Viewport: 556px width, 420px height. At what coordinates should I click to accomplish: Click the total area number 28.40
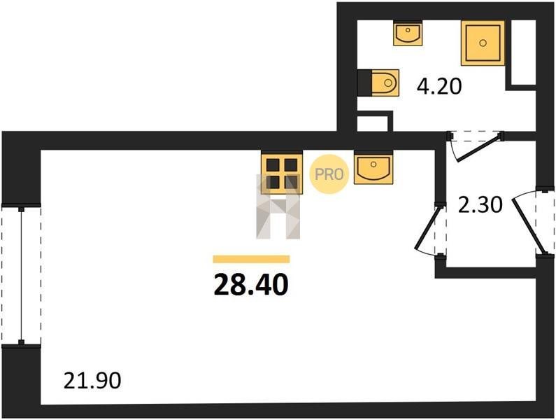(250, 285)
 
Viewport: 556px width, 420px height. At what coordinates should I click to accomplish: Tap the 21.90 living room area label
(92, 381)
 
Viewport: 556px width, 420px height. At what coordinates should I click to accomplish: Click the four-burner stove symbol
(281, 172)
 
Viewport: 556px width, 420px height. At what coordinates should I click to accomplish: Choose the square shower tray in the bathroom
(483, 43)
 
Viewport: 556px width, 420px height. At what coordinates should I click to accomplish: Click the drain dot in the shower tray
(483, 43)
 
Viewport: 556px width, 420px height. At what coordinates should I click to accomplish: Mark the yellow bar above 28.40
(250, 259)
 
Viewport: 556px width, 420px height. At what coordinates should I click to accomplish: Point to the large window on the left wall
(21, 274)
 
